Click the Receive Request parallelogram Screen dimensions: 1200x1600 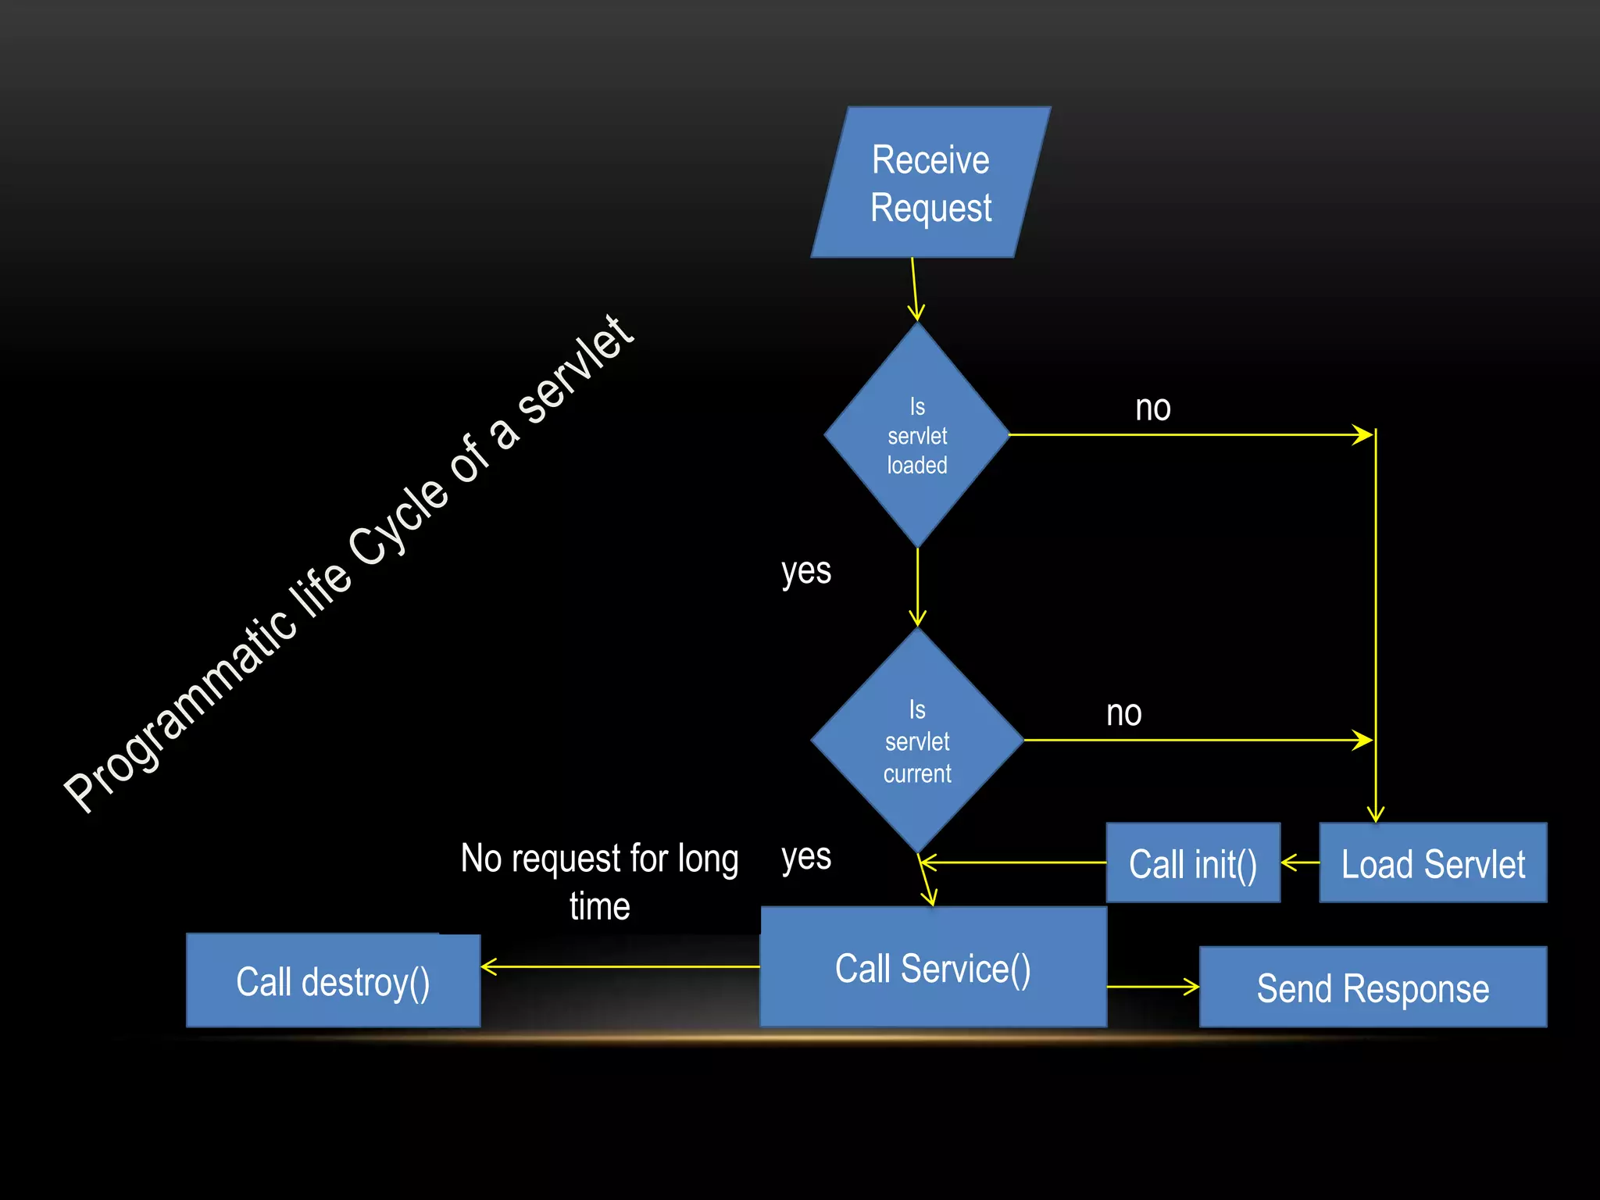(x=930, y=183)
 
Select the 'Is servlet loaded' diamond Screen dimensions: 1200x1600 (x=917, y=435)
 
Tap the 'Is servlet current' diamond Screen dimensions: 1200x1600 (x=917, y=741)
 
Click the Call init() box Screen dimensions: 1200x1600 (x=1193, y=863)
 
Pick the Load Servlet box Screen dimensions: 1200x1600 (x=1433, y=863)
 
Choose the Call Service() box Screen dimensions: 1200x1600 (x=933, y=968)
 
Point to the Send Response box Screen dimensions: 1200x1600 (x=1373, y=987)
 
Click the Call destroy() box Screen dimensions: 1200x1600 (x=333, y=981)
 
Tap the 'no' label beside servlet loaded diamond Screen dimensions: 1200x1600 (x=1152, y=408)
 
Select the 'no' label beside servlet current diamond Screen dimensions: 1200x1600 (x=1123, y=713)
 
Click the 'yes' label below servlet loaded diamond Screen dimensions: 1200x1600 (x=806, y=571)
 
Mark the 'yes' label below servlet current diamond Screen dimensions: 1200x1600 (x=806, y=857)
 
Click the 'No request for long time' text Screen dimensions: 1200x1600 (x=599, y=881)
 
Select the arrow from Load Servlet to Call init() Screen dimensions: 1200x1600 (x=1300, y=863)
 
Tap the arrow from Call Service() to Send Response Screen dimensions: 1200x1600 (x=1153, y=987)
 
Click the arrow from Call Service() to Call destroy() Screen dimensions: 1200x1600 (x=620, y=967)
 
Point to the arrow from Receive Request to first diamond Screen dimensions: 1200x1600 (x=914, y=289)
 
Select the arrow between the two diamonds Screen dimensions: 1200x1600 (x=918, y=586)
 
